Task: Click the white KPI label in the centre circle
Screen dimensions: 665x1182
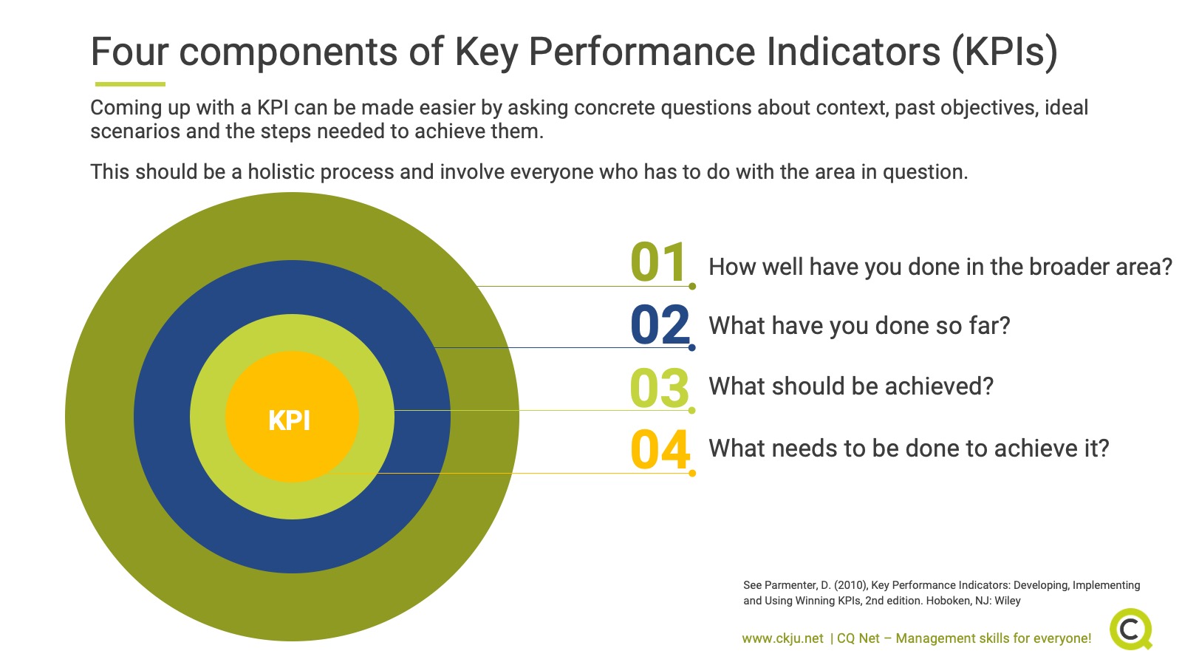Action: pos(290,420)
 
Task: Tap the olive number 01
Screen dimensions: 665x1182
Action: pos(658,263)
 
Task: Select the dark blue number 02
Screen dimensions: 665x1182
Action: pos(660,325)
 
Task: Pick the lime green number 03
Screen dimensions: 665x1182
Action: pos(659,388)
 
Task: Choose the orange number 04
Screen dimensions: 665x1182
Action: pos(660,449)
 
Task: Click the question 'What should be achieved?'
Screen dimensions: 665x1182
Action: pos(851,386)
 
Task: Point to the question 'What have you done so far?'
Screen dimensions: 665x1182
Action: pos(859,326)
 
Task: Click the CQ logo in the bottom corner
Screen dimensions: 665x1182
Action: pos(1131,629)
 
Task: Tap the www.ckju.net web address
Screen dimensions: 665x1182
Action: pos(782,638)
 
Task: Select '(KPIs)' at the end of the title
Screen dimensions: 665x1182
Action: pos(1005,52)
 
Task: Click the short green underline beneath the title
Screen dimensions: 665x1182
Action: pos(130,84)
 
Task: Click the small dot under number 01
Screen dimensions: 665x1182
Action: pos(692,286)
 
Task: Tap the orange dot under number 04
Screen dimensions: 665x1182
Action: pos(692,473)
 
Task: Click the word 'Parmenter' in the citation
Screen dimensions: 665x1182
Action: pos(790,585)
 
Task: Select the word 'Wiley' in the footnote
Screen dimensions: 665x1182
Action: pos(1007,601)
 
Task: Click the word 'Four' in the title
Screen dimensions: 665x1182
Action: pos(129,52)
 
